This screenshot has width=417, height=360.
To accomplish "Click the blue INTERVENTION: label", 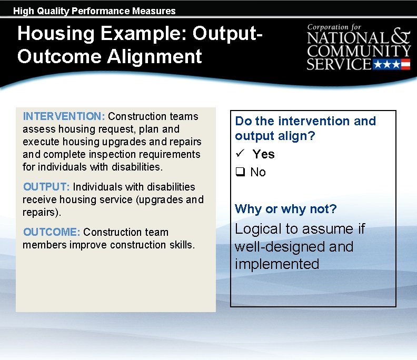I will tap(64, 116).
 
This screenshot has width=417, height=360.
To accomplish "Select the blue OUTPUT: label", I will tap(47, 187).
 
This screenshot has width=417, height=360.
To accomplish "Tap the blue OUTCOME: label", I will tap(52, 232).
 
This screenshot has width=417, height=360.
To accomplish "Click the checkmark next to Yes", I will tap(239, 154).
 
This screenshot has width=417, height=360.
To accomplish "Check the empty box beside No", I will tap(240, 172).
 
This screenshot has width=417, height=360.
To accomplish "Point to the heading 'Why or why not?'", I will tap(285, 209).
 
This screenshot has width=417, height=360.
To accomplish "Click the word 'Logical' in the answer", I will tap(257, 229).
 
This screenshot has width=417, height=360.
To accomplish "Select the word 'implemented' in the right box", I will tap(277, 264).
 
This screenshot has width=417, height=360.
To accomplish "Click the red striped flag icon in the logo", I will tap(405, 65).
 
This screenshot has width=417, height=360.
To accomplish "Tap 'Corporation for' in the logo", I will tap(335, 27).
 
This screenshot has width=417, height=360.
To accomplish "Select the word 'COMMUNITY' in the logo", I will tap(359, 52).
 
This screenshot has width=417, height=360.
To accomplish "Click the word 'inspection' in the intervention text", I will tap(125, 154).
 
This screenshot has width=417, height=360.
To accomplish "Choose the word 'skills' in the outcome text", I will tap(181, 245).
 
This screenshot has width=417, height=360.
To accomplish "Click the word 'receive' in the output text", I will tap(38, 199).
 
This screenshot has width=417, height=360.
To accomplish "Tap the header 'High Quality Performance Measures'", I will tap(94, 11).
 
